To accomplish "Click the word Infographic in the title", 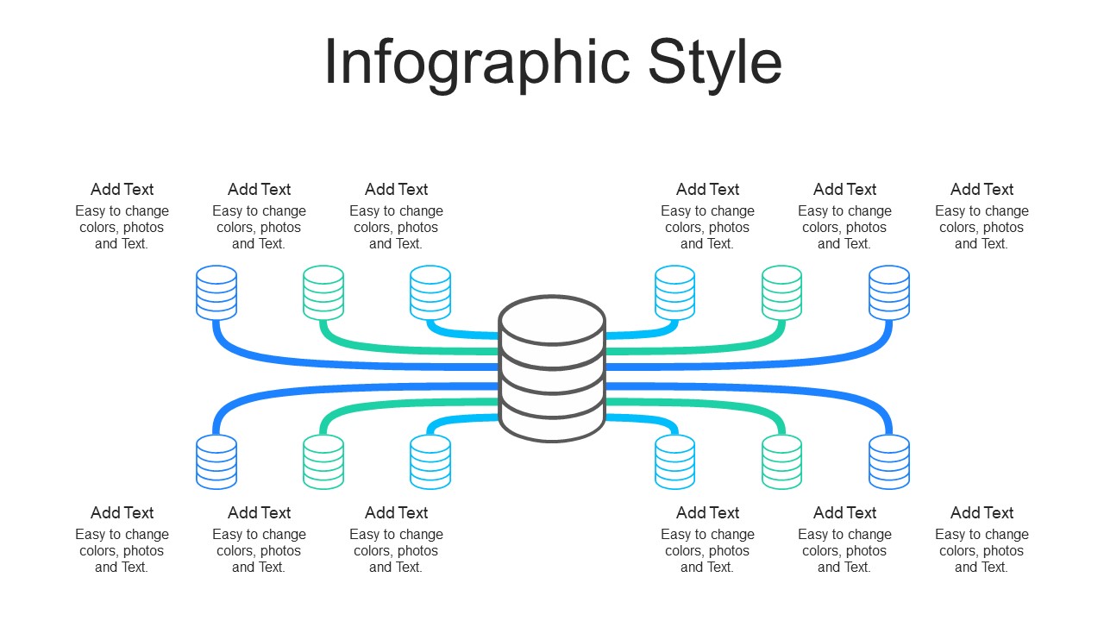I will tap(477, 62).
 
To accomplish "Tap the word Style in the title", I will tap(714, 62).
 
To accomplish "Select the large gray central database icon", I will tap(552, 368).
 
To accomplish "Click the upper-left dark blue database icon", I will tap(216, 292).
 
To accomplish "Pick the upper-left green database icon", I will tap(323, 292).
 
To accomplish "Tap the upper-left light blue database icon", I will tap(430, 292).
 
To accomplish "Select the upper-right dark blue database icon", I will tap(889, 292).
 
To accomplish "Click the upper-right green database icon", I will tap(782, 292).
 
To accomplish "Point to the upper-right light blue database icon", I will tap(674, 292).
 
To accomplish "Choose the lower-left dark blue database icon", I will tap(216, 461).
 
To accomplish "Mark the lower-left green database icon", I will tap(323, 461).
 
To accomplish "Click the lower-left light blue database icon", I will tap(430, 461).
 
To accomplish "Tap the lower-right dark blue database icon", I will tap(889, 461).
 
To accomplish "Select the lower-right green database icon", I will tap(782, 461).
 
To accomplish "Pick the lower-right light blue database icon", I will tap(674, 461).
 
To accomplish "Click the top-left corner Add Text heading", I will tap(122, 190).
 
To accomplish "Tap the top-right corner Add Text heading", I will tap(982, 190).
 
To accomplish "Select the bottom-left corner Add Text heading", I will tap(122, 513).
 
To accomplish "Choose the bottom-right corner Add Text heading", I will tap(982, 513).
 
